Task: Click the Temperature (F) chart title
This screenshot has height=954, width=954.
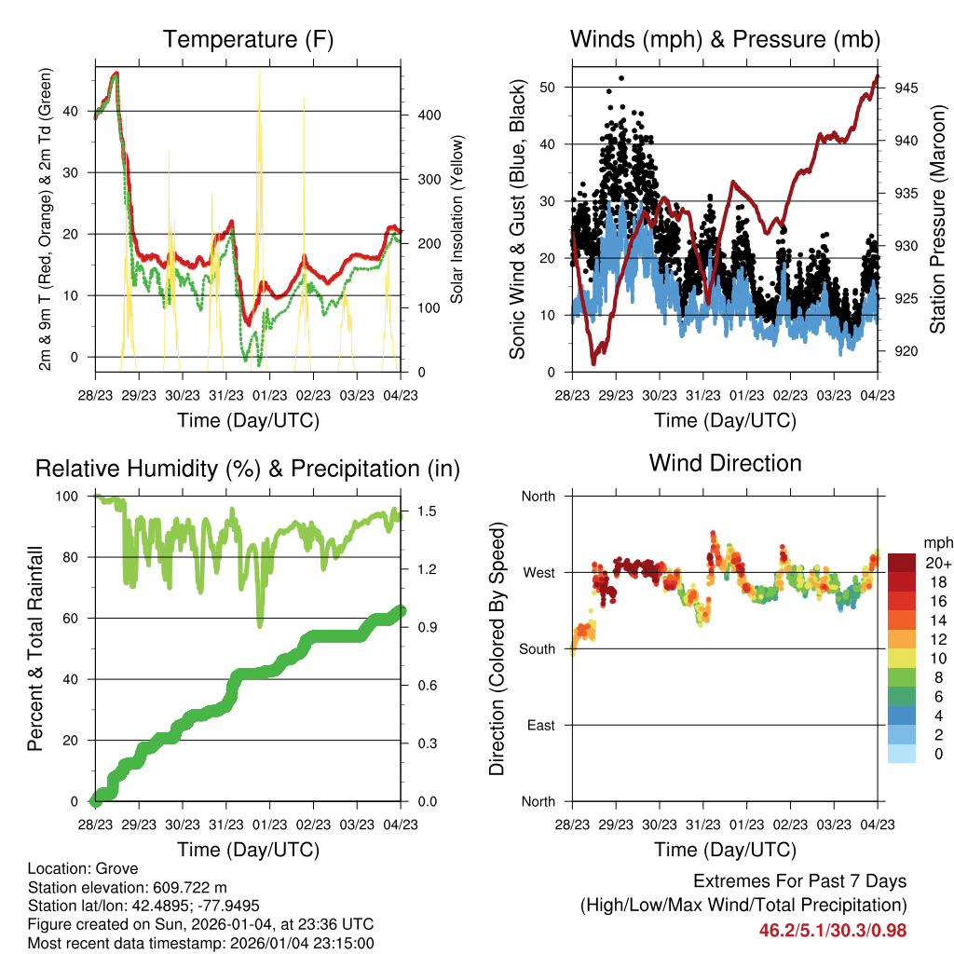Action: tap(248, 40)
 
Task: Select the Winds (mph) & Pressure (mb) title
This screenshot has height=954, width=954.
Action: tap(725, 40)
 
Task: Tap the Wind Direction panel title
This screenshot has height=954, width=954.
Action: tap(725, 463)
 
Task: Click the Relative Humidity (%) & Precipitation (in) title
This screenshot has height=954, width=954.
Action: tap(248, 469)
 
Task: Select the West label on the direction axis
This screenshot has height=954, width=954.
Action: tap(538, 572)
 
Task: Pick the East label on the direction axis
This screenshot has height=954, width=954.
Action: tap(539, 725)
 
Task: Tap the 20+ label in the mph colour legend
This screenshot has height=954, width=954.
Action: tap(935, 563)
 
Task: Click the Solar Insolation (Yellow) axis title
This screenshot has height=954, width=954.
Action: tap(457, 220)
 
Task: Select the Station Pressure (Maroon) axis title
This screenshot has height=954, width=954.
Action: tap(937, 220)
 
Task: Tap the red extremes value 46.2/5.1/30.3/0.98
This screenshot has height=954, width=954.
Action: tap(833, 930)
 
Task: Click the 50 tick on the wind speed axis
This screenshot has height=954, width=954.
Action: tap(547, 88)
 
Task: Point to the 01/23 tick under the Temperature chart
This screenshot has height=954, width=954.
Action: tap(269, 395)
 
